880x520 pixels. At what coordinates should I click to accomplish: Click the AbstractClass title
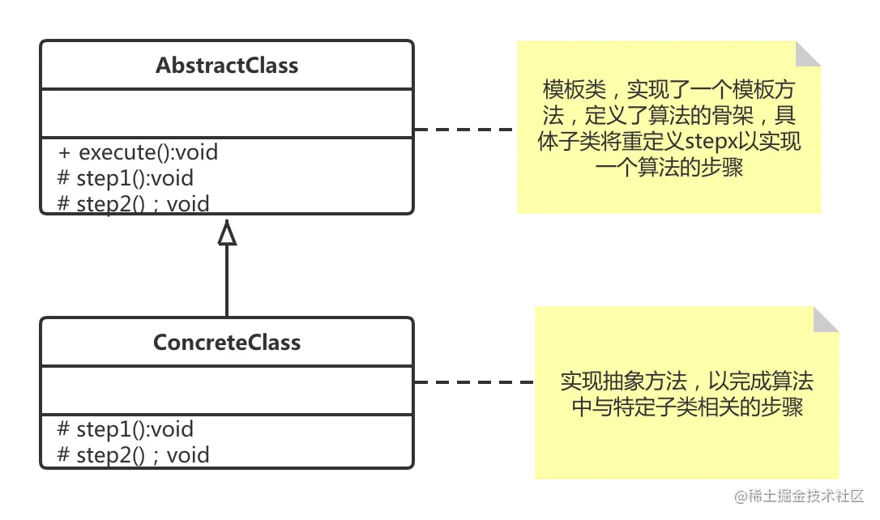point(227,66)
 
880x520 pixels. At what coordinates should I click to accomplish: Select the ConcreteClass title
point(227,343)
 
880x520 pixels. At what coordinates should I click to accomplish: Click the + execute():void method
point(138,152)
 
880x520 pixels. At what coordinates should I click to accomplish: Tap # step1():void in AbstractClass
point(126,178)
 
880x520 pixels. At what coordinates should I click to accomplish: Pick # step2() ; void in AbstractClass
point(134,202)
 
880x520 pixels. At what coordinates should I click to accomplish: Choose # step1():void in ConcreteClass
point(126,429)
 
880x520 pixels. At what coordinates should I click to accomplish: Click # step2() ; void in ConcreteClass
point(134,454)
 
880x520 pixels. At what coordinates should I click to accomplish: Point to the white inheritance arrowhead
point(227,235)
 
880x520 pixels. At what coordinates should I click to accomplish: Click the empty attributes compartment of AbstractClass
point(227,113)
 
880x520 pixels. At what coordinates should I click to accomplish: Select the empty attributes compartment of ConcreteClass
point(227,390)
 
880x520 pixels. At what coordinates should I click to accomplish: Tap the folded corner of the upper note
point(808,54)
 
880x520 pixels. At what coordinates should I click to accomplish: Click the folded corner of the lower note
point(827,319)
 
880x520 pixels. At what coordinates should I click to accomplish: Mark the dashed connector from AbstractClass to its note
point(463,129)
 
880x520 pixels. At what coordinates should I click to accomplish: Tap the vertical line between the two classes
point(227,279)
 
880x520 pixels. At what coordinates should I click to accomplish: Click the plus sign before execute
point(65,152)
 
